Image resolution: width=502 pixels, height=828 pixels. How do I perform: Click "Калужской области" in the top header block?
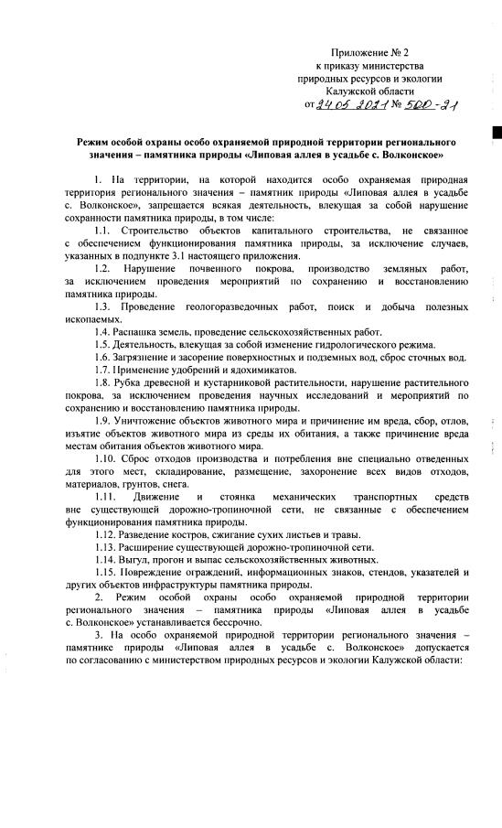pos(369,92)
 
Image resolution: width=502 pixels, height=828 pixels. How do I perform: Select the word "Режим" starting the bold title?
pos(96,145)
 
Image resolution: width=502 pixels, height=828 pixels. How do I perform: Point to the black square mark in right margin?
pos(497,134)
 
